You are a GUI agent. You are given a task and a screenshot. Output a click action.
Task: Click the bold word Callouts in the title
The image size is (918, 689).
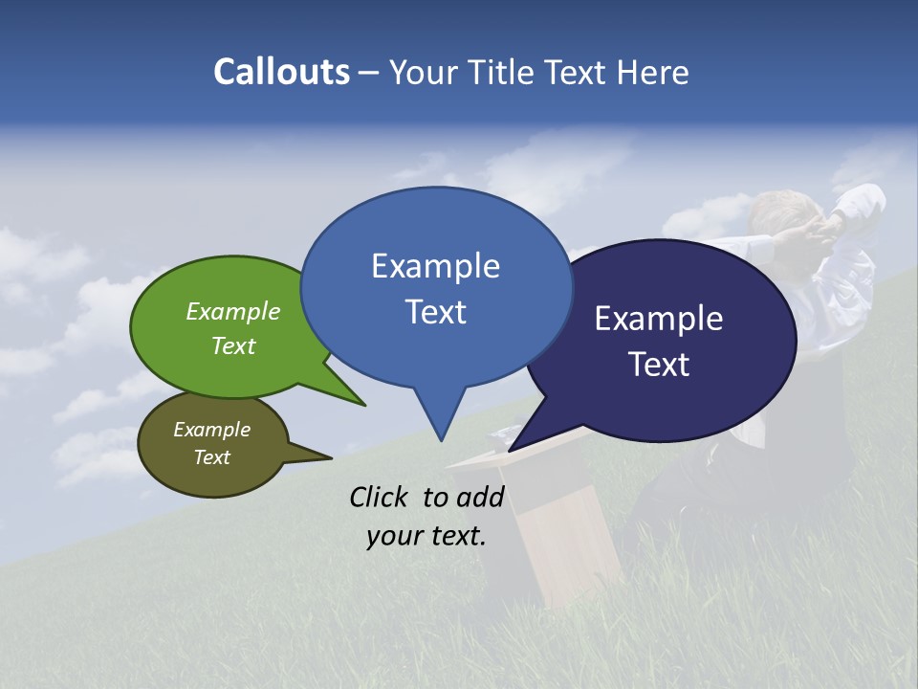[x=281, y=72]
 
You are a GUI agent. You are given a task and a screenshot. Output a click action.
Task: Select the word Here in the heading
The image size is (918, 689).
[x=652, y=73]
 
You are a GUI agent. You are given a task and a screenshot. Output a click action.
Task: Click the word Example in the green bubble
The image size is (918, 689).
[x=233, y=311]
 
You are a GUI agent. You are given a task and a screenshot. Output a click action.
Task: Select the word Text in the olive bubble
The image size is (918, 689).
[x=212, y=457]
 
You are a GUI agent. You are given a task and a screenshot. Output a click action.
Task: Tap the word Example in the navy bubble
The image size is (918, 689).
[x=659, y=319]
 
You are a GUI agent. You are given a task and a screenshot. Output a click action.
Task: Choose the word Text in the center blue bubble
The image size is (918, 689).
[x=436, y=312]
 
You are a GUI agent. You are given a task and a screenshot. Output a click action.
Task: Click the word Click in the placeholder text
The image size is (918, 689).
[x=380, y=497]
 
